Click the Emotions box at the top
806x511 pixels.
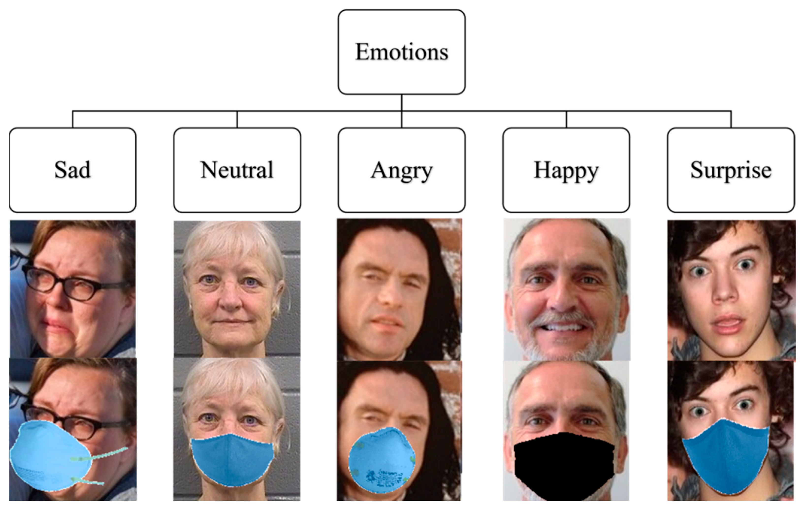click(401, 52)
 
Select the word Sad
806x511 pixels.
click(72, 170)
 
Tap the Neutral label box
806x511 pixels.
click(237, 170)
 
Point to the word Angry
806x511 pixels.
click(401, 171)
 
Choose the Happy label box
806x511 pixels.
click(566, 170)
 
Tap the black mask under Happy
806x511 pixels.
click(564, 465)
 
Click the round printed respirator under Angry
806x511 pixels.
click(382, 463)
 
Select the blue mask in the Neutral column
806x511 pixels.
click(232, 459)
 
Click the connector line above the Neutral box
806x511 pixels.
click(237, 119)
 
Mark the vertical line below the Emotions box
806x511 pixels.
click(401, 102)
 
